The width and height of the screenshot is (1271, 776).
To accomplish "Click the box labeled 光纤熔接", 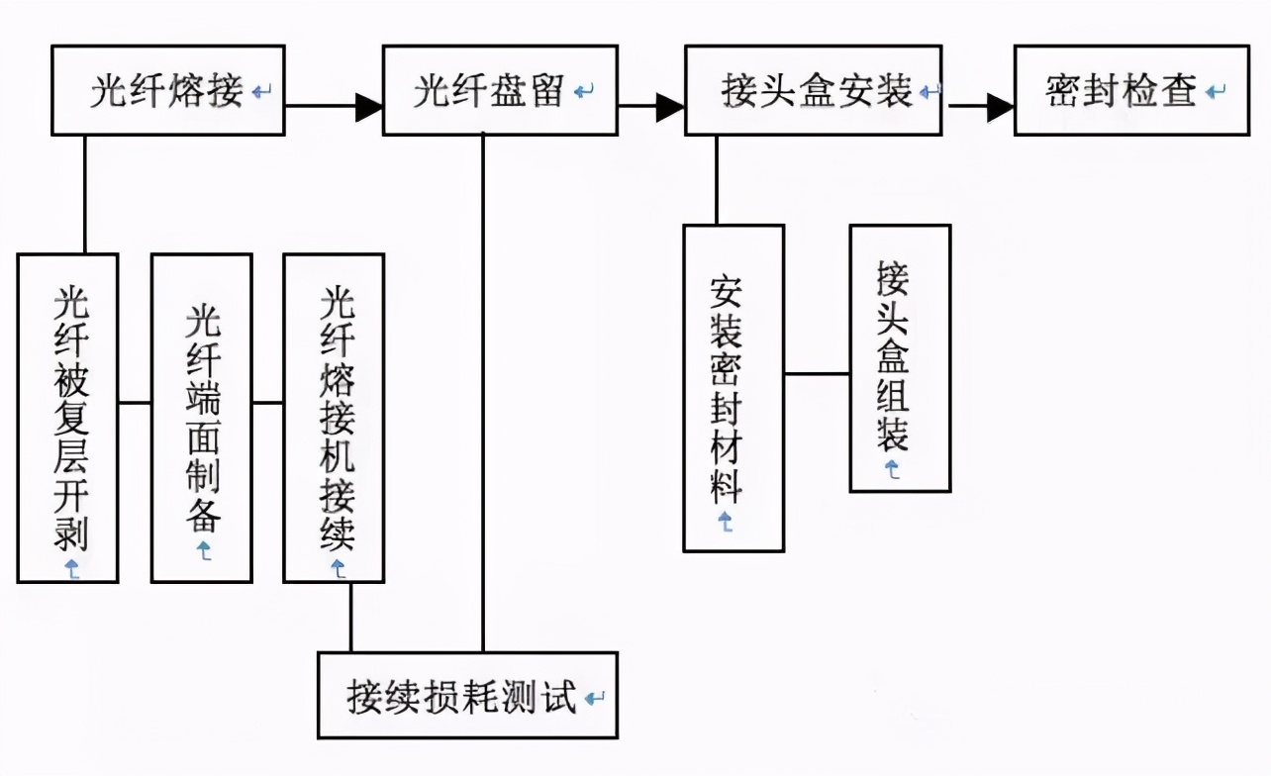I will (x=167, y=91).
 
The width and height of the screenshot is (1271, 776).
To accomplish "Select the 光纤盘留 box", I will (x=500, y=91).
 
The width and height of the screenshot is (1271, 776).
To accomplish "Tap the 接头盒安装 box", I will (x=813, y=91).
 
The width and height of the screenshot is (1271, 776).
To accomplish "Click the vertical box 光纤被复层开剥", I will (x=68, y=418).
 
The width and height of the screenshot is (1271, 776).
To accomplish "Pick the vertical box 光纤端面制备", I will (x=202, y=418).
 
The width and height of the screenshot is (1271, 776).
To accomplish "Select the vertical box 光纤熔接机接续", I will (x=335, y=418).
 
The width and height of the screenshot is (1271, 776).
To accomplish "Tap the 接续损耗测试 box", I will (x=467, y=696).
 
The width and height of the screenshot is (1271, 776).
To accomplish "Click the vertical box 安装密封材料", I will (x=733, y=388).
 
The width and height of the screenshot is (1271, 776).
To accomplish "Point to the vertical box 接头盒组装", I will (x=900, y=358).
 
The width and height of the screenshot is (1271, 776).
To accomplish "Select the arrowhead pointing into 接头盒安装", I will (x=670, y=107).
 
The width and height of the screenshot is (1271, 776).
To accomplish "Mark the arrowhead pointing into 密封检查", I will (x=1001, y=107).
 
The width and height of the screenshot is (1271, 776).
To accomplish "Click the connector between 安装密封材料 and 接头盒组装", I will (x=817, y=374).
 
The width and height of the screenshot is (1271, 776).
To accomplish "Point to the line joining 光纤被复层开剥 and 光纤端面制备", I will (x=135, y=403).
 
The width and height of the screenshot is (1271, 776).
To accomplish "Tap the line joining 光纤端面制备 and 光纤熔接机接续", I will (x=267, y=403).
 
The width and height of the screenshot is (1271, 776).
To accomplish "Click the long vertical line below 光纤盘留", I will (x=483, y=396).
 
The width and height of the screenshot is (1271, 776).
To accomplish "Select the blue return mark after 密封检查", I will (x=1217, y=92).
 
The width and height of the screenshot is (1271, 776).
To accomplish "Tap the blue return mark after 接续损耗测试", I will (x=594, y=698).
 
